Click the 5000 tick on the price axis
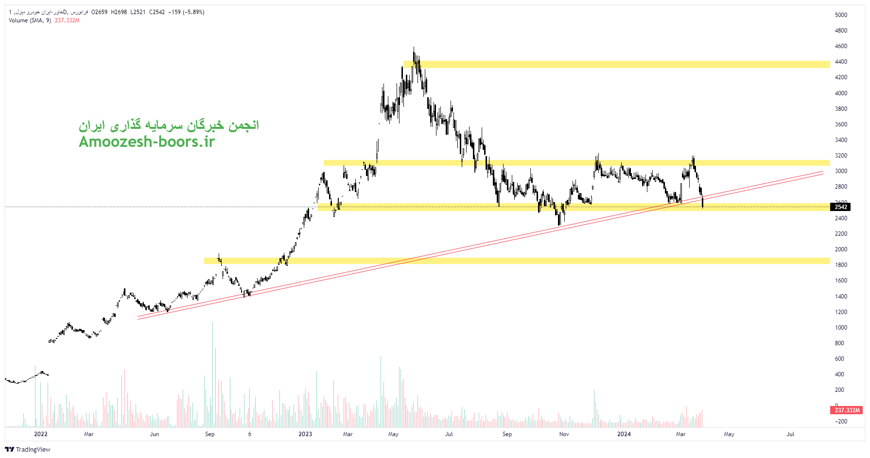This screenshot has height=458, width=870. tap(841, 15)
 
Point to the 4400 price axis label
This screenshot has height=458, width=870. tap(841, 62)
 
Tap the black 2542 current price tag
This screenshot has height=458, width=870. tap(841, 207)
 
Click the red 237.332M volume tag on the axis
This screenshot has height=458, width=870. tap(847, 410)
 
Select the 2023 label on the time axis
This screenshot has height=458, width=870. tap(305, 434)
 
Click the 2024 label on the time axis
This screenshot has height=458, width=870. tap(624, 434)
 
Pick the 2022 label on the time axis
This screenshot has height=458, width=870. tap(41, 434)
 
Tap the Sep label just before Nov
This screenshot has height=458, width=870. tap(507, 434)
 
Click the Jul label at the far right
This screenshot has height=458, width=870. tap(790, 434)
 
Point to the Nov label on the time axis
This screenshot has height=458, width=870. tap(564, 434)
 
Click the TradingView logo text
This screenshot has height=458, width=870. tap(33, 450)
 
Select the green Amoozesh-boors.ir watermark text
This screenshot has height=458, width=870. tap(147, 141)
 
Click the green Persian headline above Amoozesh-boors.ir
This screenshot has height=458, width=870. tap(169, 125)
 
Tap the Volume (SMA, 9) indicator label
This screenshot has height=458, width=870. tap(30, 20)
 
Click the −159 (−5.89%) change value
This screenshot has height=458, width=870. tap(186, 12)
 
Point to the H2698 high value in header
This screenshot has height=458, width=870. tap(119, 12)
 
